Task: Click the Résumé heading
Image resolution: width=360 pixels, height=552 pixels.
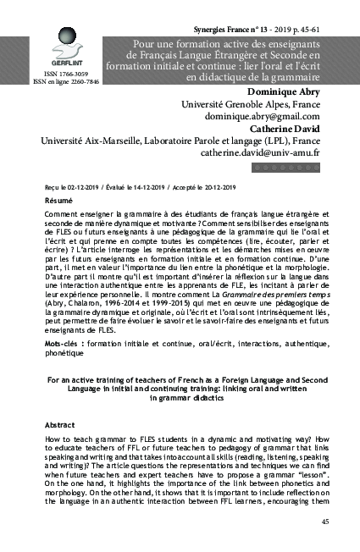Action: [x=58, y=200]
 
